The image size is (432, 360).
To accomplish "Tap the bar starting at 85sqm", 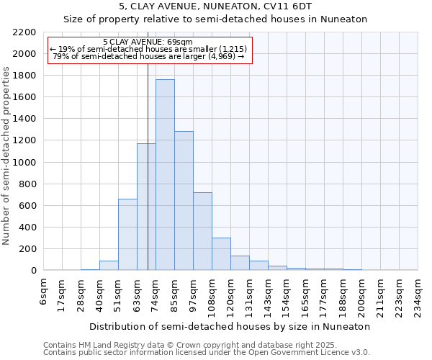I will [x=184, y=201].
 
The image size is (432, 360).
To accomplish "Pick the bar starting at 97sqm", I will [x=202, y=231].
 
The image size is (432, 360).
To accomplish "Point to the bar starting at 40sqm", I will [x=109, y=266].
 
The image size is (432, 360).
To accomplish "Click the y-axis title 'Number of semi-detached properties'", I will [x=7, y=156].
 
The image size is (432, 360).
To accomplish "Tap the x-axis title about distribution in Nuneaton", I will [x=231, y=326].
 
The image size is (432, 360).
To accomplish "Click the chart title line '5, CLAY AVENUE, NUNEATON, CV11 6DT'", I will [x=215, y=7].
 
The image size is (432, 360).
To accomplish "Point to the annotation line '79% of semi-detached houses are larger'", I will [x=150, y=57].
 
